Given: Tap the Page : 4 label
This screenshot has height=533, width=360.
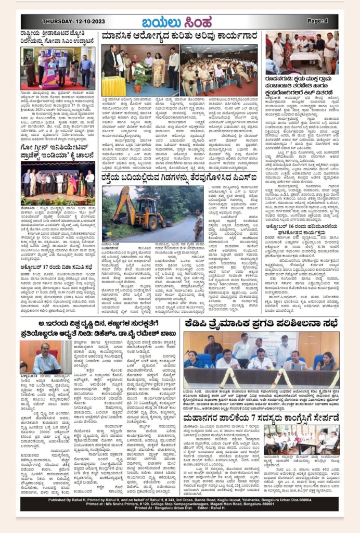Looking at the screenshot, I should (317, 21).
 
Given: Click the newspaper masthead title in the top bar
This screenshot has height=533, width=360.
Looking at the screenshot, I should (179, 22).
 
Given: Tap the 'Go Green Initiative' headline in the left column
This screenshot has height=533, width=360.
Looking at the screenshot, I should (58, 150).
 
